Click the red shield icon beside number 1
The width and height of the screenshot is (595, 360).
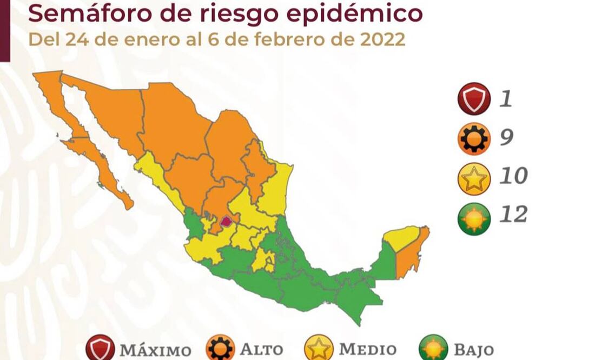[474, 99]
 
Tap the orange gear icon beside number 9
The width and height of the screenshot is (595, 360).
[474, 139]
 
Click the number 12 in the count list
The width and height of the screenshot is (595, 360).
[512, 215]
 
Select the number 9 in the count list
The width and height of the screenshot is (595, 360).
[506, 137]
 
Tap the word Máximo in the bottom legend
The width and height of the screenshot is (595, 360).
[155, 350]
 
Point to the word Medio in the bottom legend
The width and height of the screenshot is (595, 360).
[367, 350]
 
